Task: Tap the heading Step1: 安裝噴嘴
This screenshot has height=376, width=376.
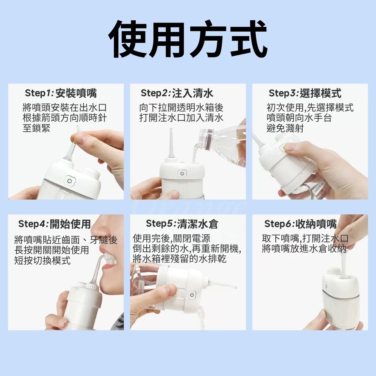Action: (61, 93)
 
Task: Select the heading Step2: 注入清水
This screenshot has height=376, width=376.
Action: (177, 93)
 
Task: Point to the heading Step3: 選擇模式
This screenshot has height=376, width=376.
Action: (305, 93)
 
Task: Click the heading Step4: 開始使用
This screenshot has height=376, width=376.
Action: (55, 224)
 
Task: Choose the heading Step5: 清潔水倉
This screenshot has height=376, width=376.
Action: (182, 224)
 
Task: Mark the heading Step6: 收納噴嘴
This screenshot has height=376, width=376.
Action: (300, 224)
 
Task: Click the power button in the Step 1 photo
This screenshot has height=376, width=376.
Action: (70, 181)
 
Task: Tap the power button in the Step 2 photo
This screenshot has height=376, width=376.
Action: (182, 173)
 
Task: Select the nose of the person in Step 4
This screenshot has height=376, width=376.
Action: (99, 235)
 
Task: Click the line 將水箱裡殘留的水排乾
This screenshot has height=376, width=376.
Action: (179, 259)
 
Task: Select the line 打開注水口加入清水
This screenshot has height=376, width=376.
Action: (181, 118)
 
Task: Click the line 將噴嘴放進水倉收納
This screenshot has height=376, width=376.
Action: (304, 249)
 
